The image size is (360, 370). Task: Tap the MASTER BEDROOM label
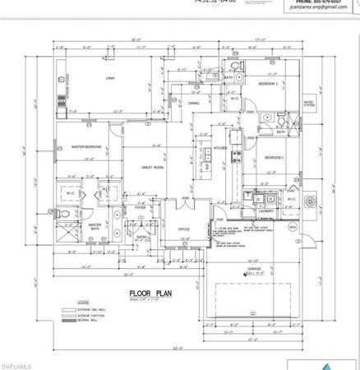(x=86, y=147)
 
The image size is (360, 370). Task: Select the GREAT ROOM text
(x=153, y=167)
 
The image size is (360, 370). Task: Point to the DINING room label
(x=194, y=104)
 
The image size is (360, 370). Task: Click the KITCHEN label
(x=219, y=148)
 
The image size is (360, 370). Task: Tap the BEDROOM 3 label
(x=274, y=156)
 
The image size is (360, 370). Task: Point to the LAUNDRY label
(x=265, y=211)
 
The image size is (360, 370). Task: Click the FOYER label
(x=141, y=208)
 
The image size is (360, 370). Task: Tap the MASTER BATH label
(x=95, y=227)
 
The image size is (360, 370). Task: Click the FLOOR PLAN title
(x=148, y=293)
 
